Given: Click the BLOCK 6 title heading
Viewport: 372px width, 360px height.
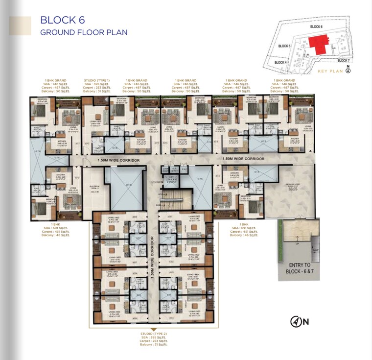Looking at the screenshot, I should point(62,20).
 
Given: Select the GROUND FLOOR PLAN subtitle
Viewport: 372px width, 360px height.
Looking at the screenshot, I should point(84,32).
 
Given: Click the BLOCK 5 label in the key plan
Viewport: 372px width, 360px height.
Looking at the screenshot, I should point(284,46).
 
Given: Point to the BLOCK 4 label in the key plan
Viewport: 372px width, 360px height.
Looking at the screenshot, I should point(280,62).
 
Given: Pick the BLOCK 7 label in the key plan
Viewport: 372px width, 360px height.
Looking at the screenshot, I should point(343,60).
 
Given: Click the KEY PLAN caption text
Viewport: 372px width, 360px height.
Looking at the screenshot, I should point(330,72).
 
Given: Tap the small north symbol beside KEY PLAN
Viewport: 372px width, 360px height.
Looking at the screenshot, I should point(348,71).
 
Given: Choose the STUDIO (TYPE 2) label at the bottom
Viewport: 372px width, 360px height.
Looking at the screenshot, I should point(153,335).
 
